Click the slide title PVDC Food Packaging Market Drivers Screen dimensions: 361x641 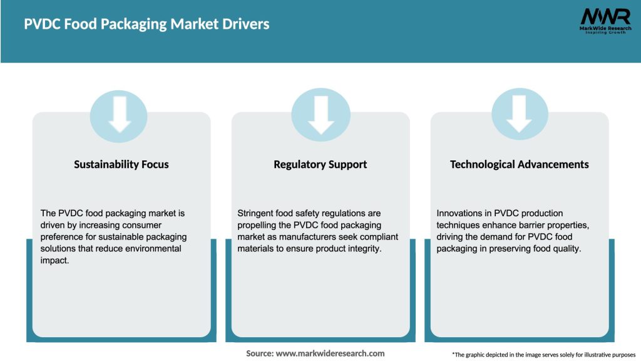146,24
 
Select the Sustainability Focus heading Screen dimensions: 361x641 121,164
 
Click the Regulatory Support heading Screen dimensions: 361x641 320,164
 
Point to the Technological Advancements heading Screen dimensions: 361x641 519,164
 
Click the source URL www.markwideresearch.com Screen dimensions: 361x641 330,353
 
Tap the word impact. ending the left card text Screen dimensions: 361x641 55,260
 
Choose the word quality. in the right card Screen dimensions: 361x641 566,249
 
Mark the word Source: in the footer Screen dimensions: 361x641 260,353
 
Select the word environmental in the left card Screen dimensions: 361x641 152,249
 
